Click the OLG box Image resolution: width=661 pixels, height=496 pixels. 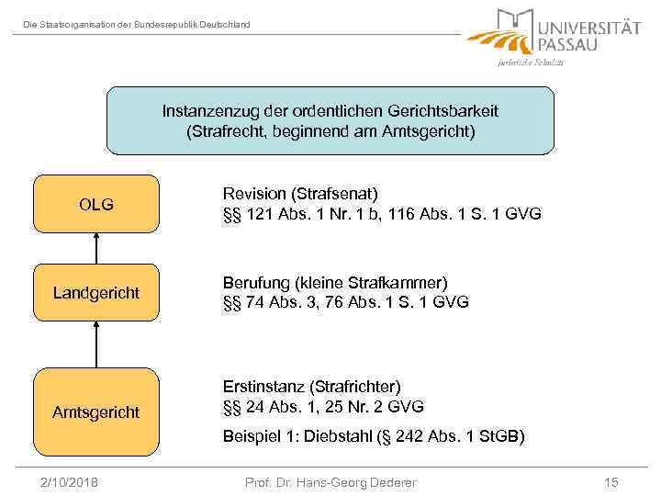(96, 204)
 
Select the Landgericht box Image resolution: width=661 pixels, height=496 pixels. (96, 293)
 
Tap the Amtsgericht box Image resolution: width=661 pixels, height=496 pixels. (96, 412)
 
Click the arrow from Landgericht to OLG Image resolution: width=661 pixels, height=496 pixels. (95, 248)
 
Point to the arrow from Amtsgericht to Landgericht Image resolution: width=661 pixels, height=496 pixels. (95, 344)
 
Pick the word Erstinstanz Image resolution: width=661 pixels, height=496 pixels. (263, 387)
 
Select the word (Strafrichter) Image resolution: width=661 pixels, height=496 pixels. (357, 387)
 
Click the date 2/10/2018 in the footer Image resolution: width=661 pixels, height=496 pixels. (71, 482)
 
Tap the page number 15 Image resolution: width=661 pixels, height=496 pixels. (611, 482)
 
